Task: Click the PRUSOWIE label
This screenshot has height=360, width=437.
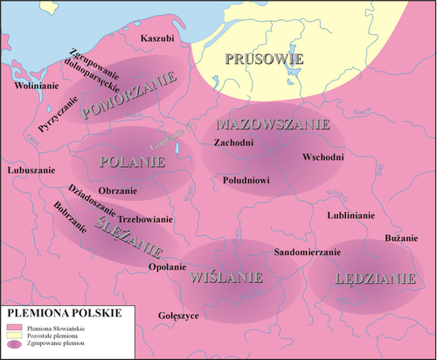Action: point(264,59)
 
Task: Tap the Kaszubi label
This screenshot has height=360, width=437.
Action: point(157,39)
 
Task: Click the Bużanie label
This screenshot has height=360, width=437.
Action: point(402,239)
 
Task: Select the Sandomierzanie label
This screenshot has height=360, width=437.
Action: point(307,252)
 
